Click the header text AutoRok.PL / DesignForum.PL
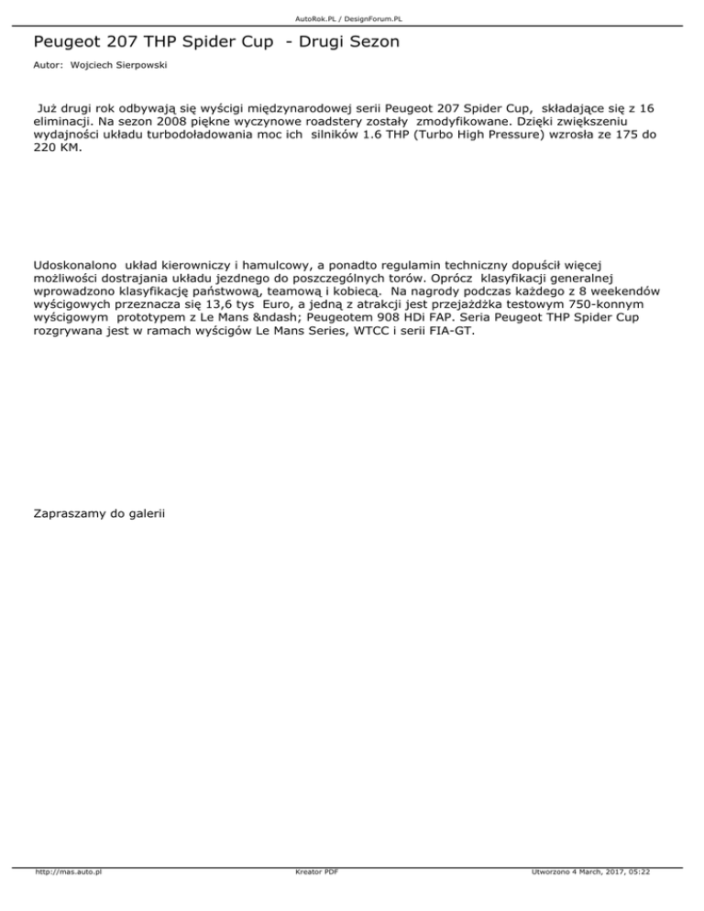(352, 17)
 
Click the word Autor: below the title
(48, 66)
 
